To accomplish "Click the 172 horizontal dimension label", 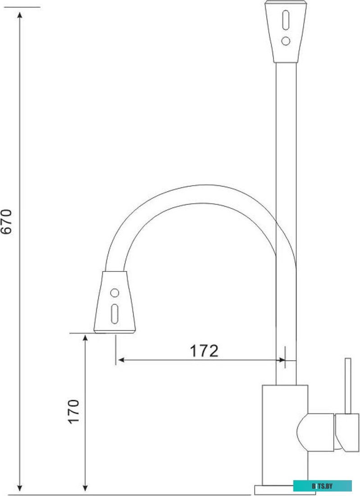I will (203, 350).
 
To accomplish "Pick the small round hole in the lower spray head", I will (115, 293).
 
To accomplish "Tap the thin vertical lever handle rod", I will (348, 386).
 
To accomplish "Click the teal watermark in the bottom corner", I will (323, 486).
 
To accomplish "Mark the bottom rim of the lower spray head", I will (114, 332).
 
